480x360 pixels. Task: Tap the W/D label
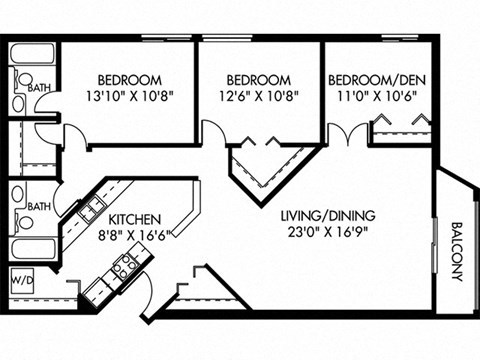point(21,282)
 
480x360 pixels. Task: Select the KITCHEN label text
point(135,218)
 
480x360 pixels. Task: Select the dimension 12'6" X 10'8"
point(258,97)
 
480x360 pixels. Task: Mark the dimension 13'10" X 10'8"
point(130,97)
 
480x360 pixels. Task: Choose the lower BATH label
point(38,207)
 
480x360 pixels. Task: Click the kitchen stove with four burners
point(126,267)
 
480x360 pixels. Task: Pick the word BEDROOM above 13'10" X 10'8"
point(130,80)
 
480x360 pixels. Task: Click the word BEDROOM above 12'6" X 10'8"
point(258,80)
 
